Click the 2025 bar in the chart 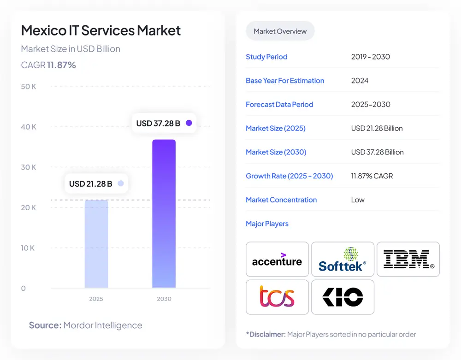point(96,244)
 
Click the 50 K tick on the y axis point(29,87)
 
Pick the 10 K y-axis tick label point(28,248)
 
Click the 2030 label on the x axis point(164,299)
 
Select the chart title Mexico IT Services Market point(101,30)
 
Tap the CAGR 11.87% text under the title point(48,65)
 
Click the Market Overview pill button point(280,31)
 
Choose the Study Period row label point(266,57)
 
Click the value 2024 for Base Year point(360,81)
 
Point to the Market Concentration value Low point(358,200)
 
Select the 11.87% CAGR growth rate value point(372,176)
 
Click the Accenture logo point(277,260)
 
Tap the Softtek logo point(343,260)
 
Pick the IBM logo point(408,260)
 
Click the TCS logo point(277,297)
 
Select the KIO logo point(343,297)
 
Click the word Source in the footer point(45,325)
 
